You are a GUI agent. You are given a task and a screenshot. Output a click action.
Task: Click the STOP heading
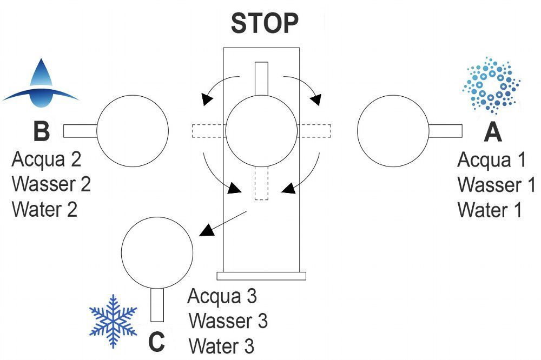[x=265, y=23]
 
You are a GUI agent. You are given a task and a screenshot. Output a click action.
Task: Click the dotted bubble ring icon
[x=492, y=85]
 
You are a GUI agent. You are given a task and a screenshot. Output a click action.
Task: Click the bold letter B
[x=41, y=131]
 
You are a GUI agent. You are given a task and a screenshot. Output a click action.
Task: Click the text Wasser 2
[x=51, y=184]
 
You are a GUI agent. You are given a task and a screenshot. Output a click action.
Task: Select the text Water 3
[x=221, y=345]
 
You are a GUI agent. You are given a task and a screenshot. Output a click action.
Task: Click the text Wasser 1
[x=496, y=184]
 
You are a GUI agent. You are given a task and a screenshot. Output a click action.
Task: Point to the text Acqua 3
[x=222, y=296]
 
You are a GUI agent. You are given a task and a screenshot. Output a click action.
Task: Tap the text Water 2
[x=44, y=209]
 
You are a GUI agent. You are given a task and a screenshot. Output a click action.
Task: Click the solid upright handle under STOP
[x=261, y=79]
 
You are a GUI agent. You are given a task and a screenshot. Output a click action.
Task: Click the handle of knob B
[x=80, y=131]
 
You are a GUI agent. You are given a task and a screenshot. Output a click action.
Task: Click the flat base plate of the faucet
[x=261, y=276]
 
